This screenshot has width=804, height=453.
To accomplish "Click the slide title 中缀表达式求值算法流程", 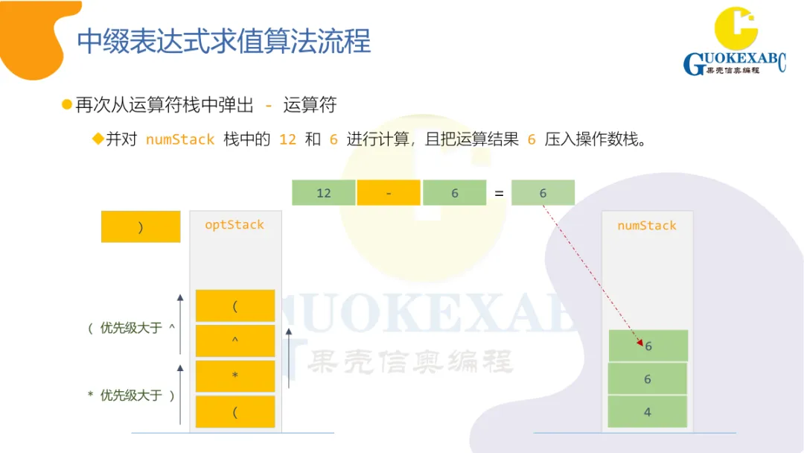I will pos(224,41).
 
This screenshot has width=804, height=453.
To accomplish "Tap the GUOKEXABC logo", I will pos(734,43).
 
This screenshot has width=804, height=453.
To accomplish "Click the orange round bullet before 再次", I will pos(67,104).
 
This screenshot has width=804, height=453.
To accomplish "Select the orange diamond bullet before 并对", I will pos(98,139).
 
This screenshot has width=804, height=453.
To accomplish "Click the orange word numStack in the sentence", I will pos(180,139).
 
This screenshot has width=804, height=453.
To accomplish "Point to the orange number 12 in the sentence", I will pos(287,139).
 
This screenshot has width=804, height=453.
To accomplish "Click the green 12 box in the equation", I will pos(324,193).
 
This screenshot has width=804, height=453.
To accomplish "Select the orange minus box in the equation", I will pos(389,193).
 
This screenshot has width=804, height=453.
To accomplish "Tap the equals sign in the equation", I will pos(499,193).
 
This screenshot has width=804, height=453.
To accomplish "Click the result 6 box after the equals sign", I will pos(543,193).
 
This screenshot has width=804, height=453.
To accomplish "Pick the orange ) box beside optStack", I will pos(141,227).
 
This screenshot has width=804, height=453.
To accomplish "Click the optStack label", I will pos(234,225).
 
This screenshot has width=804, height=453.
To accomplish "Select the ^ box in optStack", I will pos(235,340).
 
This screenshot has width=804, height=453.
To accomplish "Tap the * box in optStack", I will pos(235,376).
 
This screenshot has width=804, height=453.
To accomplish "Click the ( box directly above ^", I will pos(235,305).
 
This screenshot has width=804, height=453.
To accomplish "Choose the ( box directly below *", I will pos(235,412).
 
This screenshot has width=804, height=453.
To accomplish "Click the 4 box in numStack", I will pos(647,412).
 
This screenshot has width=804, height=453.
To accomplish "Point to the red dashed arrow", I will pos(592,276).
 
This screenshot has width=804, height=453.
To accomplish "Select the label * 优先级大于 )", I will pos(131,396).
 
